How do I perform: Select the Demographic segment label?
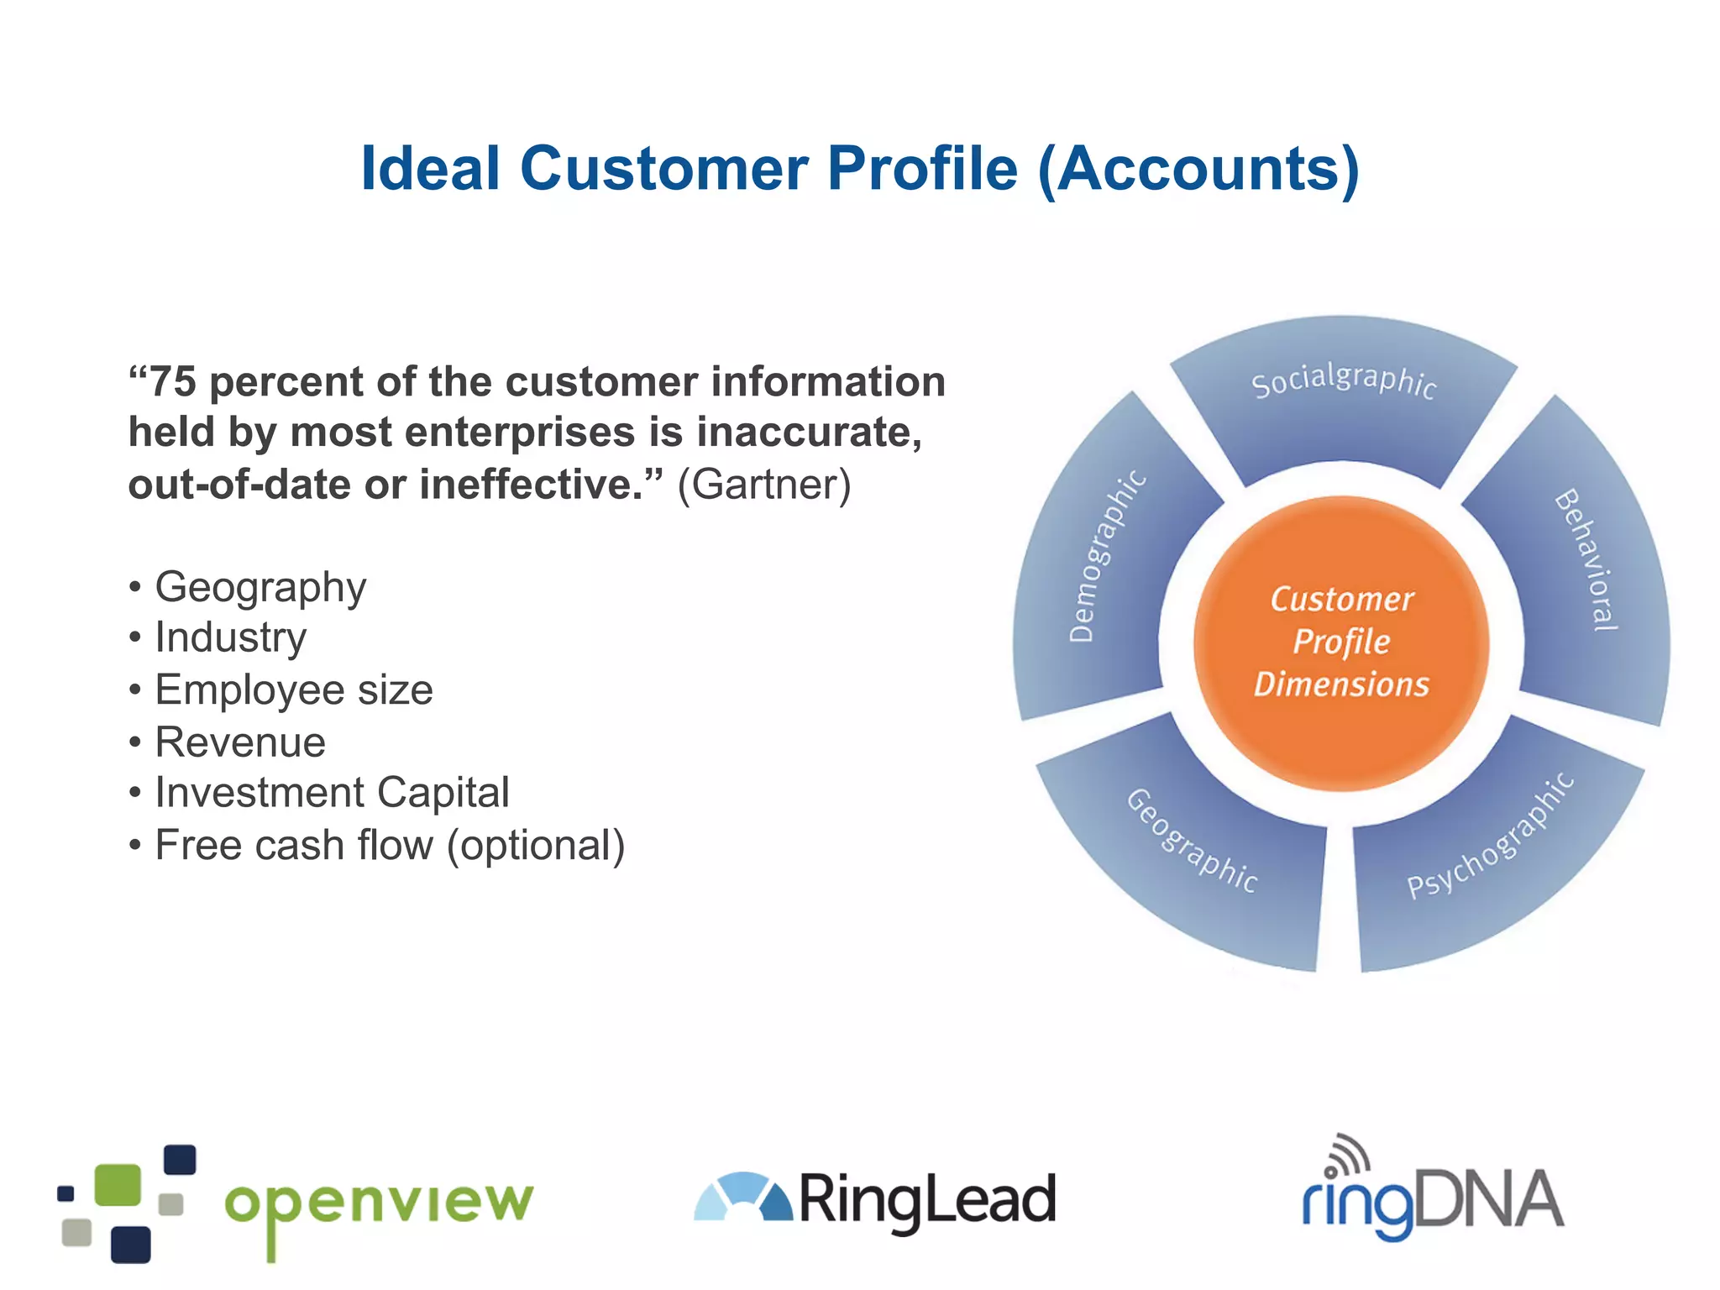pyautogui.click(x=1106, y=557)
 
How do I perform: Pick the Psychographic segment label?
pyautogui.click(x=1491, y=836)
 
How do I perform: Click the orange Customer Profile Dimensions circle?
pyautogui.click(x=1341, y=642)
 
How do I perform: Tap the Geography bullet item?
pyautogui.click(x=260, y=586)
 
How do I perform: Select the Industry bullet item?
pyautogui.click(x=231, y=637)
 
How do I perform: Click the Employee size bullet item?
pyautogui.click(x=294, y=690)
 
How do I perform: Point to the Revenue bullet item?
pyautogui.click(x=240, y=742)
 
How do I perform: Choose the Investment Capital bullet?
pyautogui.click(x=332, y=793)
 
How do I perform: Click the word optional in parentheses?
pyautogui.click(x=536, y=845)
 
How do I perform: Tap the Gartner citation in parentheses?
pyautogui.click(x=764, y=485)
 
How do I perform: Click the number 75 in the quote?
pyautogui.click(x=173, y=381)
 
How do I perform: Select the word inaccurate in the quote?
pyautogui.click(x=809, y=433)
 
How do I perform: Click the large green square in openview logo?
pyautogui.click(x=118, y=1185)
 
